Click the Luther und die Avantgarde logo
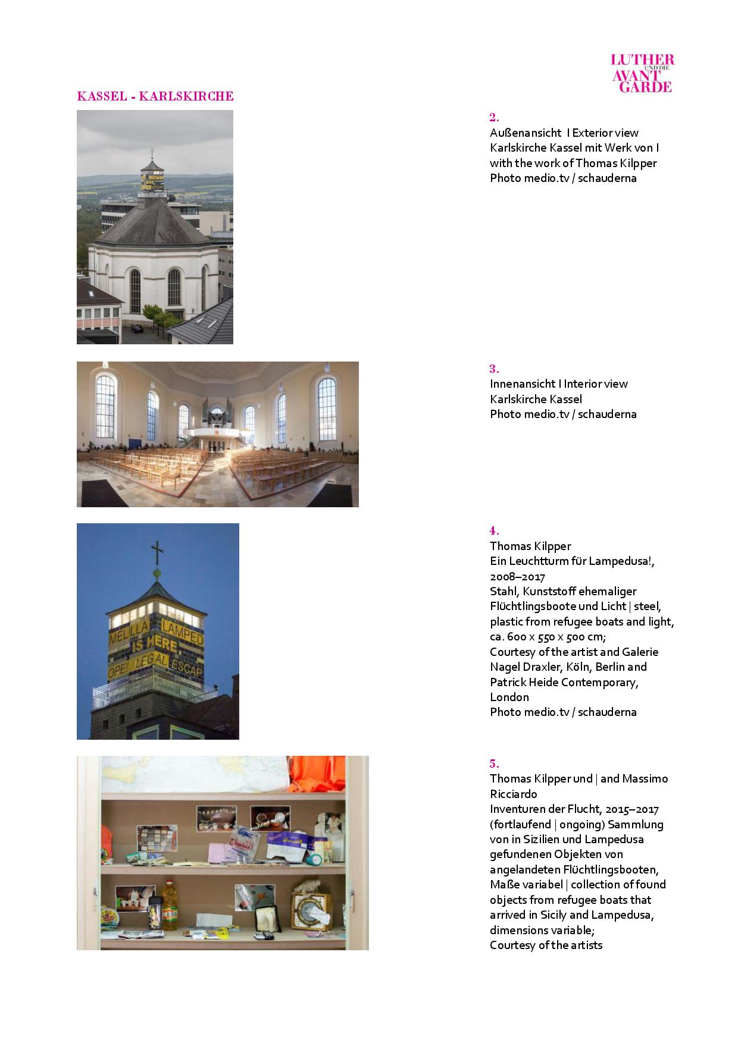(643, 73)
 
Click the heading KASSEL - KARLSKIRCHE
(155, 96)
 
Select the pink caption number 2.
(494, 117)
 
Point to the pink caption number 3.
(494, 369)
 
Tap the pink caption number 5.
(494, 764)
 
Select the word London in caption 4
(509, 697)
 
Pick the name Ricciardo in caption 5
(513, 794)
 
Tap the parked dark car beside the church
(136, 328)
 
